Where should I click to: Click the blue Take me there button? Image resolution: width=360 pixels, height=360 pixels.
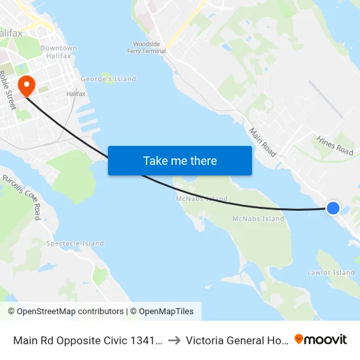click(180, 160)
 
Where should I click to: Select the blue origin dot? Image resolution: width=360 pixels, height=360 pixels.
click(333, 208)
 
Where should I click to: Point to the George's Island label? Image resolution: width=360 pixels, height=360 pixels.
click(108, 79)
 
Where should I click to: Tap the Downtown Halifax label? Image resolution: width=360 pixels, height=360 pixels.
click(58, 52)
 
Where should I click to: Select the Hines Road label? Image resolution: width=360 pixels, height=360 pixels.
click(334, 143)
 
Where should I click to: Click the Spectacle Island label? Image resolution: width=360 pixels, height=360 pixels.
click(75, 243)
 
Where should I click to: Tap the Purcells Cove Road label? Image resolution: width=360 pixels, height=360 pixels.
click(22, 196)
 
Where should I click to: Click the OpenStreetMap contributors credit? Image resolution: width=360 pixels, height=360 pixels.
click(65, 312)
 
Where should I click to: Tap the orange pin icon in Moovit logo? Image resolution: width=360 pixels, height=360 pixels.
click(299, 339)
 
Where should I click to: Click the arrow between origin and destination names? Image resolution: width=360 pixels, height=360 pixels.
click(173, 340)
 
